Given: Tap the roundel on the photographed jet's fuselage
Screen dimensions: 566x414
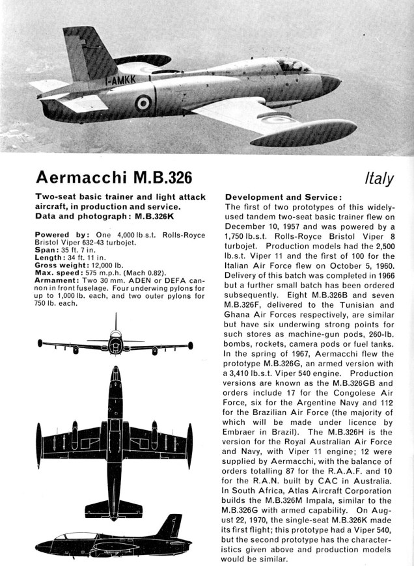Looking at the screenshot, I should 143,103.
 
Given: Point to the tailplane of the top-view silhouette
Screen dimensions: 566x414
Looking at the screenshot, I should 115,506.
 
